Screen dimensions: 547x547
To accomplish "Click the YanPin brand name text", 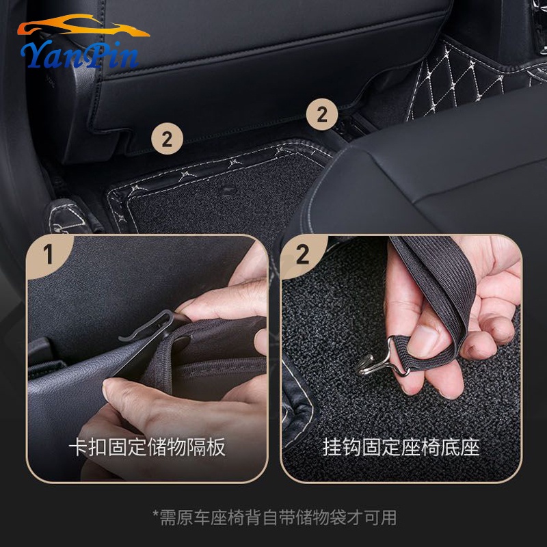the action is click(x=80, y=55).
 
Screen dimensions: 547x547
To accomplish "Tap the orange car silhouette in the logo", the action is click(x=83, y=25).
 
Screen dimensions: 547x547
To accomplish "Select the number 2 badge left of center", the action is click(x=167, y=139).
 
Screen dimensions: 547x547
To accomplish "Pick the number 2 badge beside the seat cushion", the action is click(x=322, y=114).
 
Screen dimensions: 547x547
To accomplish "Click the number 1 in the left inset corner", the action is click(x=48, y=254).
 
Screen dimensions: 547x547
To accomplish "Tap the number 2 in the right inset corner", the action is click(x=302, y=254).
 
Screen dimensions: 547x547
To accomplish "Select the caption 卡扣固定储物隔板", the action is click(x=147, y=447).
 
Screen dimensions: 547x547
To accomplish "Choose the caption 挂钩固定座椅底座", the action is click(x=401, y=447).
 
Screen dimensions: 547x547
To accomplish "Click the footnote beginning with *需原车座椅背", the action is click(x=275, y=518).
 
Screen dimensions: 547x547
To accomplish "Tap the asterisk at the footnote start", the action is click(x=156, y=513).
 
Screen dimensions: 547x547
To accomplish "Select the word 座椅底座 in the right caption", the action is click(x=440, y=447).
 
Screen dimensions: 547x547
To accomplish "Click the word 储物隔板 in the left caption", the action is click(x=186, y=447).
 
